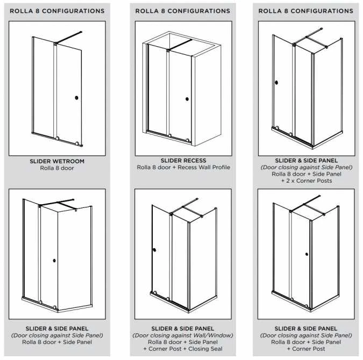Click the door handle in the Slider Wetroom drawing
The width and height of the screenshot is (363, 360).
76,98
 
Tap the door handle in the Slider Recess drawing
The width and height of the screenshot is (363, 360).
187,99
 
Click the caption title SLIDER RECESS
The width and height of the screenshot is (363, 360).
183,161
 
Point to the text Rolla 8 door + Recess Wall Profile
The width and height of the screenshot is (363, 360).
183,168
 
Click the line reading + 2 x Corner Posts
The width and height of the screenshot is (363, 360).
306,181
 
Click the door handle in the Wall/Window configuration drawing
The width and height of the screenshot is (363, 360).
154,250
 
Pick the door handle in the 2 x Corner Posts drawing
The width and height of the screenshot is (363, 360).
276,83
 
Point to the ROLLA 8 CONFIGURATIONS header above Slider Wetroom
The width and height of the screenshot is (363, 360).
58,11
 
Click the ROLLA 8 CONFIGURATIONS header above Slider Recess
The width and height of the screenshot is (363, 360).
183,11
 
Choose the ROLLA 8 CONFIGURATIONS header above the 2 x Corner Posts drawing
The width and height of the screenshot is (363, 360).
306,11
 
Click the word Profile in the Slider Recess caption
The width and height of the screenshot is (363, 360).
220,168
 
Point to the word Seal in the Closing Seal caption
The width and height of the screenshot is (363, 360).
216,349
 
